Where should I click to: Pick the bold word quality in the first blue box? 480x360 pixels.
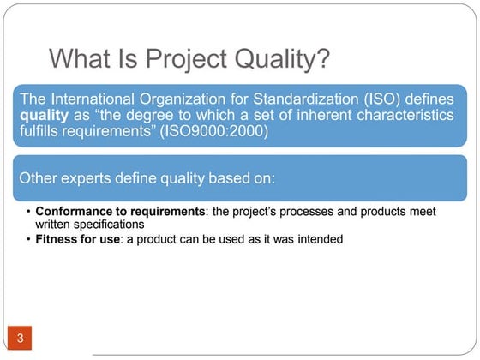42,118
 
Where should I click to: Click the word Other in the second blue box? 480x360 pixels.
38,178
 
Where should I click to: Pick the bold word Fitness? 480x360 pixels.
57,239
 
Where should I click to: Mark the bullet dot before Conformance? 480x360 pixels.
28,212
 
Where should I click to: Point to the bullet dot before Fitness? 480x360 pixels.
28,240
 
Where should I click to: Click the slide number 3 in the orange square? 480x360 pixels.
20,339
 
